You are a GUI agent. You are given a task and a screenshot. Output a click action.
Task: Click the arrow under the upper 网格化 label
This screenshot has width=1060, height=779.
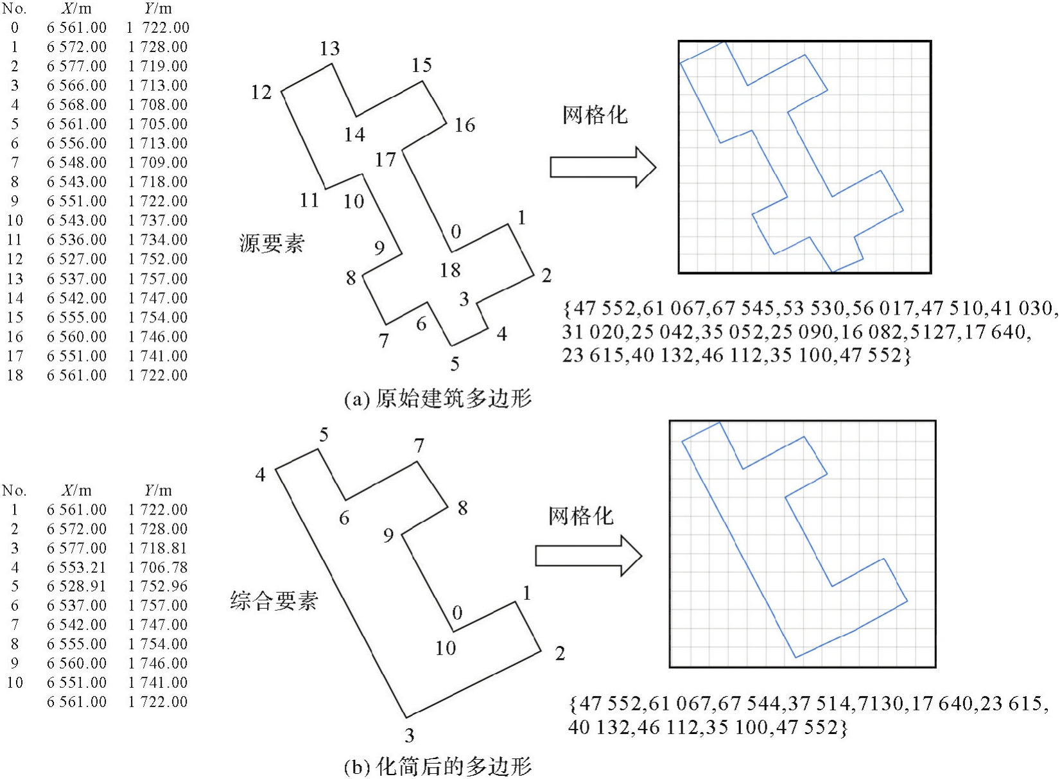click(x=602, y=167)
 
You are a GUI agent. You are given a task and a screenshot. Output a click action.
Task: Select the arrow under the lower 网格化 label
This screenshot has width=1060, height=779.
click(x=588, y=556)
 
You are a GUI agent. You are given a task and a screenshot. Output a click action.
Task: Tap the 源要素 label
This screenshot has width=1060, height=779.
click(x=272, y=244)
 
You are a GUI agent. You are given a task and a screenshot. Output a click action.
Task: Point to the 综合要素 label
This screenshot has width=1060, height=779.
click(x=274, y=601)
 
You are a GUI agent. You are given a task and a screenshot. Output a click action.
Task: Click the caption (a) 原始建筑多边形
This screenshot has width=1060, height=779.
click(x=438, y=399)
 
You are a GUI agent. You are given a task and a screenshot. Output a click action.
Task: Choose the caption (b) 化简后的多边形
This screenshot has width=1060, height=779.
click(x=438, y=766)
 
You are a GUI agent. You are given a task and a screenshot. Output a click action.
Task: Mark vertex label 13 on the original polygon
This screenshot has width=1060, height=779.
click(x=330, y=49)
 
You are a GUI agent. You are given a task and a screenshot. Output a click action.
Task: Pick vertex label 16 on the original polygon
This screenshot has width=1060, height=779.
click(x=465, y=125)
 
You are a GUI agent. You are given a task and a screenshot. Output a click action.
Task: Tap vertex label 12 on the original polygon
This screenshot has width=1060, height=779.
click(x=261, y=92)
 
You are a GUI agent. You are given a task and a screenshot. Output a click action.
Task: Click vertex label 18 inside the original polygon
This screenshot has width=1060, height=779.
click(x=450, y=270)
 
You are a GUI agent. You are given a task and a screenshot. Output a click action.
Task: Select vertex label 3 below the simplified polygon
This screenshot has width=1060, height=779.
click(x=410, y=735)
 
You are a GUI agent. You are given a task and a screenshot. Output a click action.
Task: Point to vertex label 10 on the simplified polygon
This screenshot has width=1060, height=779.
click(x=446, y=648)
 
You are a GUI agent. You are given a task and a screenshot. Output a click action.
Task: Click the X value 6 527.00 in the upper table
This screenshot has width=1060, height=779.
click(x=76, y=259)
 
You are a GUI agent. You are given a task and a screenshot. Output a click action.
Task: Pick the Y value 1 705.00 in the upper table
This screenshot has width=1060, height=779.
click(x=158, y=124)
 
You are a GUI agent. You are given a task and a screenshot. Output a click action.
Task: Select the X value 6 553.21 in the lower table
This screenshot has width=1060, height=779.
click(x=76, y=567)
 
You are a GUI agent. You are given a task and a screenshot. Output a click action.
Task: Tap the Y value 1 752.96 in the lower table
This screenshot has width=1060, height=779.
click(x=158, y=586)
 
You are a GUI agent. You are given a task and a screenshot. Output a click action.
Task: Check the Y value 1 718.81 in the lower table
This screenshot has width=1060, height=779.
click(x=158, y=548)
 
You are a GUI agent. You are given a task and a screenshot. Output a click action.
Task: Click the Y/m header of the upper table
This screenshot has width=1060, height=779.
click(x=158, y=9)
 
